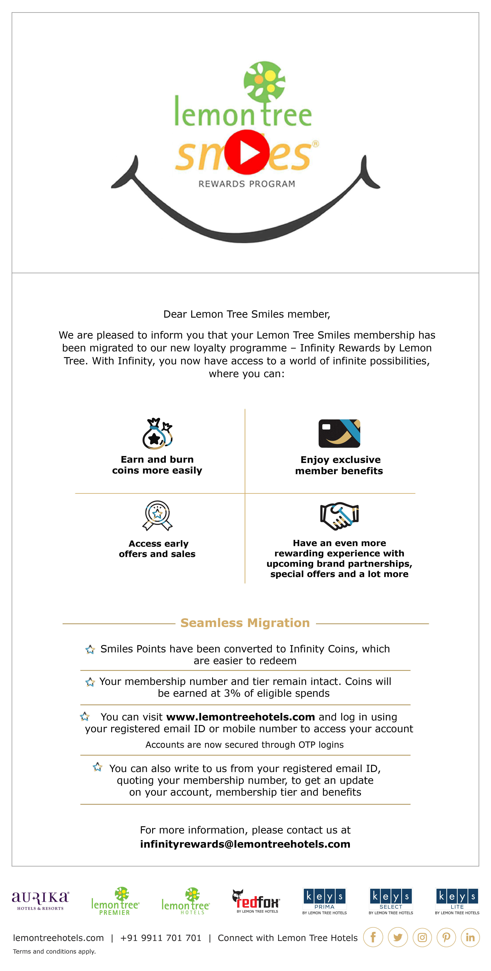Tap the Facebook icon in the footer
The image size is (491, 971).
click(373, 937)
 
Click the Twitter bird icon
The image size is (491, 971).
click(398, 937)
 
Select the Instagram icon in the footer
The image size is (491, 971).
click(422, 937)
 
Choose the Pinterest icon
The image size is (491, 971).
click(446, 937)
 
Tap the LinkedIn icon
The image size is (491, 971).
click(470, 937)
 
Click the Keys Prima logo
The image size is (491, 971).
click(324, 901)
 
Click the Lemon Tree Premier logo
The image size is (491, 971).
click(115, 901)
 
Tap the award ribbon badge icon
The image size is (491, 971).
click(157, 515)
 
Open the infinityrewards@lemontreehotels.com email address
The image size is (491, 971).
click(245, 844)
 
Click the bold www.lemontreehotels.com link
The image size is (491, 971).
click(240, 717)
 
